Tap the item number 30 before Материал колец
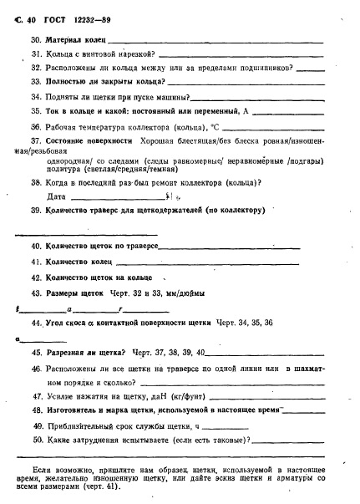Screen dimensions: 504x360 tap(36, 40)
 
